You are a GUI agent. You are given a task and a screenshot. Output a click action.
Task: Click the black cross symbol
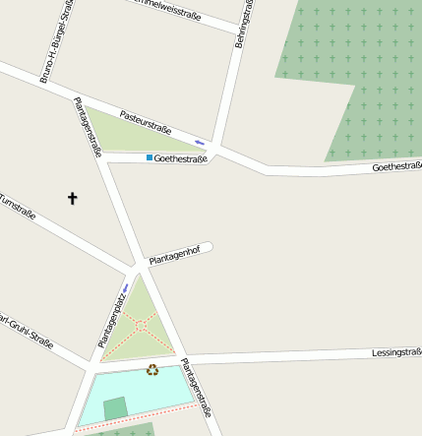(72, 199)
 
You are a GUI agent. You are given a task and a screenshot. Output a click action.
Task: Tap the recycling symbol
(152, 370)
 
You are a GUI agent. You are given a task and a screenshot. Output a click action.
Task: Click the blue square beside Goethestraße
(150, 157)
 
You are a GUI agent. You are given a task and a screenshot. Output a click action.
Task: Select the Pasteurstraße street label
(146, 123)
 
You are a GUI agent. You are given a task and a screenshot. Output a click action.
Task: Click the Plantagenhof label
(174, 255)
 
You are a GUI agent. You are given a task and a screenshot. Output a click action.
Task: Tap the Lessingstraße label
(396, 351)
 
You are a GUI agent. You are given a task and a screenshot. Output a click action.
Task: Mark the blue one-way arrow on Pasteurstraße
(201, 142)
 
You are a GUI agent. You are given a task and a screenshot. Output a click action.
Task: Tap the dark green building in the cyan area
(115, 408)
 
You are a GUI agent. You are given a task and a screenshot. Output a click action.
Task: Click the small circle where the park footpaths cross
(141, 324)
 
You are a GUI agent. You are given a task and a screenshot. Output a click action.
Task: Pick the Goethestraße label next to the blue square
(181, 158)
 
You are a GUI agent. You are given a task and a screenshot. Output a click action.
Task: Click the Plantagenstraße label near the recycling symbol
(196, 388)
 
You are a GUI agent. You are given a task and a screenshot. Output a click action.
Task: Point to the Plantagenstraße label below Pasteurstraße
(89, 127)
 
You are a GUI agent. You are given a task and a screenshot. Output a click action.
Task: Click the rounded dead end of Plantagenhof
(208, 247)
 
